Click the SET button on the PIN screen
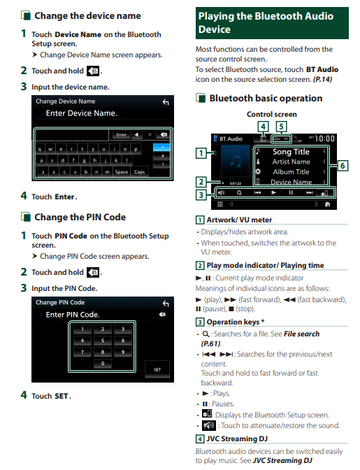click(157, 369)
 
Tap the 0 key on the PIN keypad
click(103, 363)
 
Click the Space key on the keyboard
click(122, 172)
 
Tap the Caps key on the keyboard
click(139, 172)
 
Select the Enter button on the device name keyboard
click(122, 134)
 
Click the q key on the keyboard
click(40, 149)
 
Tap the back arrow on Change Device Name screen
click(166, 102)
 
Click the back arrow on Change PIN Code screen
click(166, 304)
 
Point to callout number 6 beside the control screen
click(343, 166)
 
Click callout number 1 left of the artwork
click(201, 153)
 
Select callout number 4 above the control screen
click(263, 126)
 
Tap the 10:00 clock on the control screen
click(324, 138)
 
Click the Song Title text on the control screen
click(291, 152)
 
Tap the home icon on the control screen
click(327, 204)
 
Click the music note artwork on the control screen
click(236, 161)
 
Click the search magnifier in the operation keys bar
click(239, 193)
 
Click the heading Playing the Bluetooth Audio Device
click(266, 23)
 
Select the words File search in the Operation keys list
click(301, 334)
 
